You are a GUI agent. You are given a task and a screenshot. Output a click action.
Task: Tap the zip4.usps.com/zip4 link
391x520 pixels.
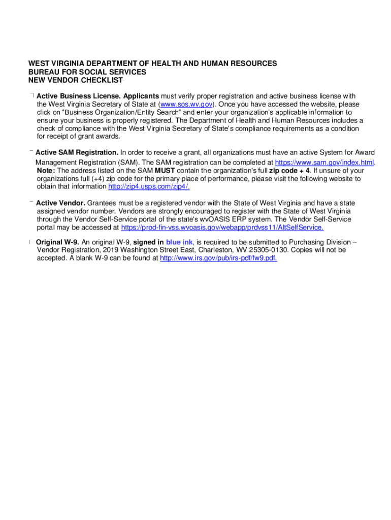coord(149,186)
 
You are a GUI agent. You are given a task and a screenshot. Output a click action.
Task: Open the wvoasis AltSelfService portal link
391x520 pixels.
coord(222,227)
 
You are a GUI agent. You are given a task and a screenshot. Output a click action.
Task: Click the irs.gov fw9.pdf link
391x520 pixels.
coord(218,258)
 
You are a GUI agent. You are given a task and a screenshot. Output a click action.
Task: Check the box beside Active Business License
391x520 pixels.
coord(31,95)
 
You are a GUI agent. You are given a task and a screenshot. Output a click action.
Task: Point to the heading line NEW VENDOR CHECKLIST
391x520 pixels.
coord(75,80)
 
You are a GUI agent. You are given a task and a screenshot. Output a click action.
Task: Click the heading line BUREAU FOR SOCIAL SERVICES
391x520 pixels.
coord(87,72)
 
